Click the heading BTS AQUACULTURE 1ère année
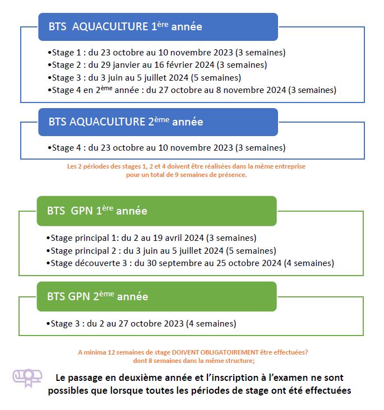[125, 26]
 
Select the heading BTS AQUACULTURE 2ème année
[126, 122]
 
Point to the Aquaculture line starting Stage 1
[166, 53]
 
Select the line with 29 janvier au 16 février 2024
[165, 65]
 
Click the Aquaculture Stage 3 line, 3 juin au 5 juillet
[144, 77]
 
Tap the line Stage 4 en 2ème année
[192, 90]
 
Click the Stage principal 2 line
[161, 250]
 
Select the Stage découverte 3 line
[191, 263]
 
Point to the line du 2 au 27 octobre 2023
[141, 323]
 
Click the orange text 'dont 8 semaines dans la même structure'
[192, 360]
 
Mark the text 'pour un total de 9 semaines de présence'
[187, 174]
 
